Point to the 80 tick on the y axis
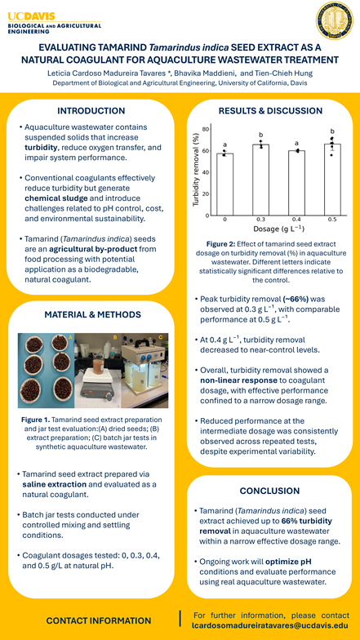point(206,130)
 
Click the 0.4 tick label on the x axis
point(296,220)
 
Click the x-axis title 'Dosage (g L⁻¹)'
point(278,230)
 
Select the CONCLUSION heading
point(269,491)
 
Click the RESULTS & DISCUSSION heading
point(269,110)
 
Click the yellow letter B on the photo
point(115,336)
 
